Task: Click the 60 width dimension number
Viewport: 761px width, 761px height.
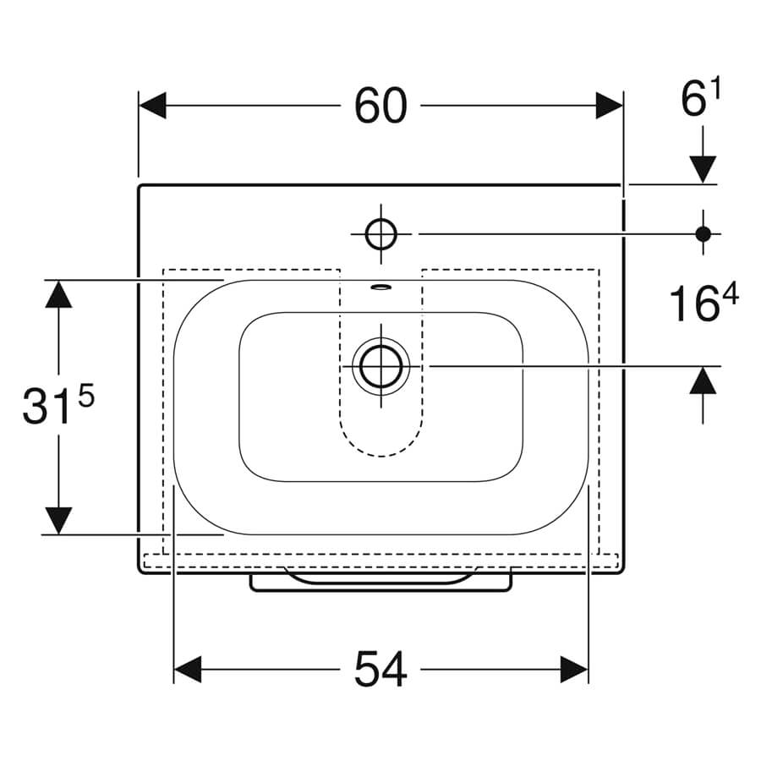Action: pyautogui.click(x=381, y=106)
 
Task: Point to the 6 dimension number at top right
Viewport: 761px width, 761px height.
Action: pyautogui.click(x=693, y=100)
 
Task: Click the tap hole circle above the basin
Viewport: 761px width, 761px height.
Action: pyautogui.click(x=381, y=234)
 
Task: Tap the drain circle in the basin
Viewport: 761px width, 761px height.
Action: pyautogui.click(x=381, y=365)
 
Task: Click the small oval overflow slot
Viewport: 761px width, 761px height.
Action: pyautogui.click(x=380, y=287)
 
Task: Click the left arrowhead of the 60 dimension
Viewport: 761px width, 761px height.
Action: pyautogui.click(x=152, y=106)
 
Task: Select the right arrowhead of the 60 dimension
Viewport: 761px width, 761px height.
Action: pyautogui.click(x=610, y=106)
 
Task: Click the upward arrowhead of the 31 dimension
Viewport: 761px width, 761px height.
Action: pyautogui.click(x=58, y=294)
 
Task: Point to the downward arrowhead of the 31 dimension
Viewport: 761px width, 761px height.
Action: pyautogui.click(x=58, y=521)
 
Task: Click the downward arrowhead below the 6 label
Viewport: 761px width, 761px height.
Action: pyautogui.click(x=704, y=170)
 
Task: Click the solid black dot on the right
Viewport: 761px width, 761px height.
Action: pyautogui.click(x=704, y=234)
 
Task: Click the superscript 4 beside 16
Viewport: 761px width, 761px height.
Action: pyautogui.click(x=730, y=295)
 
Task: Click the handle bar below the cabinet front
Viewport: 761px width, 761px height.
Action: pyautogui.click(x=381, y=583)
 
